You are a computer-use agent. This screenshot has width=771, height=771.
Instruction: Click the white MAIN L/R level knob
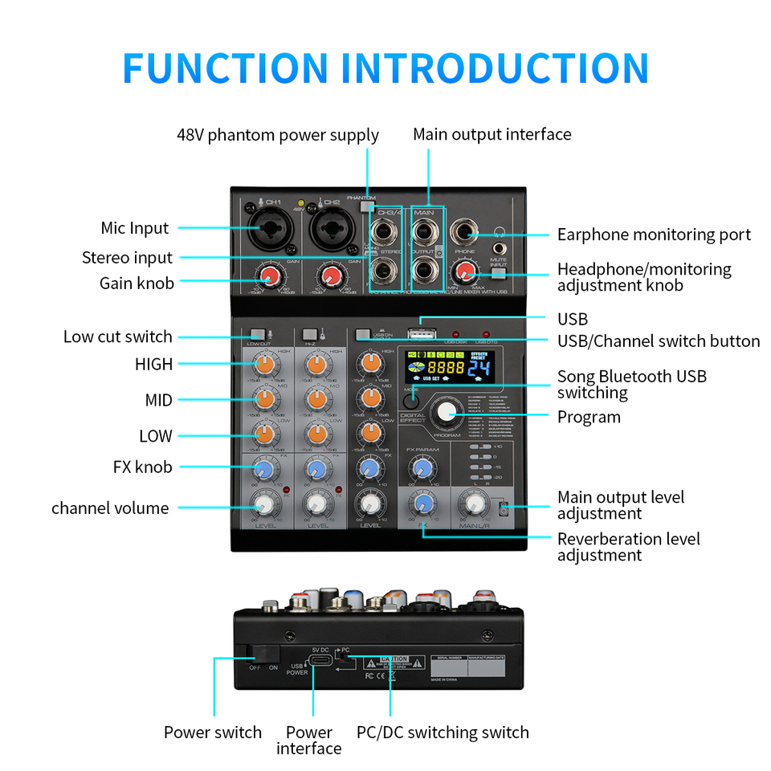(x=474, y=504)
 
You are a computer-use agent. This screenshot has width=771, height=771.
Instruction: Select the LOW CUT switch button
(x=258, y=335)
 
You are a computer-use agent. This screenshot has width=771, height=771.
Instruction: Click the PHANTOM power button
(x=367, y=206)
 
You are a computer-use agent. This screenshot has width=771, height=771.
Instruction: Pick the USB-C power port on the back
(x=320, y=661)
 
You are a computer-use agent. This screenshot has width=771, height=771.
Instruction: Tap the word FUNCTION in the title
(x=226, y=68)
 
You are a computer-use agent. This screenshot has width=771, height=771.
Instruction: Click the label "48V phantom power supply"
(x=277, y=135)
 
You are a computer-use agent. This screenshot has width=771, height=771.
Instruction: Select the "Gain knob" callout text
(x=137, y=283)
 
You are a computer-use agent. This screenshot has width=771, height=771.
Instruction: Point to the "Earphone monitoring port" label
(x=654, y=235)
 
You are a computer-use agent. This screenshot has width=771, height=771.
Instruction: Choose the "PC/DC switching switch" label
(x=443, y=732)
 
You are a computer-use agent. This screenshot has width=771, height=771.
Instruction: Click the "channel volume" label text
(x=110, y=508)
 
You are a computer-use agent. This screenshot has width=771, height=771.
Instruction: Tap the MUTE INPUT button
(x=499, y=274)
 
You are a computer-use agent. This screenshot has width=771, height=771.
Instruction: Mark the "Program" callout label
(x=589, y=417)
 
